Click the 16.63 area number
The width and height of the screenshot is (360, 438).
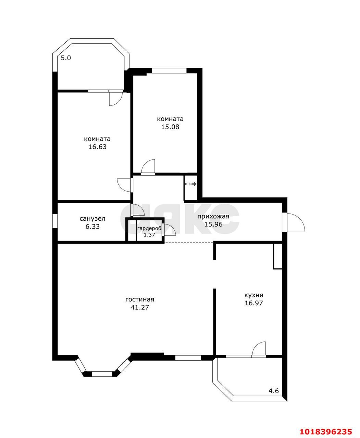(x=97, y=147)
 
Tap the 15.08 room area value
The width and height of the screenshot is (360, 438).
(x=170, y=127)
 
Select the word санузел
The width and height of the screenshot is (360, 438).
(x=92, y=219)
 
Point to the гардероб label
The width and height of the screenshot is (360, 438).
(x=149, y=229)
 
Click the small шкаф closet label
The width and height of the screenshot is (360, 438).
(x=190, y=184)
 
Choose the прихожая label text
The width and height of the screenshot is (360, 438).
(x=213, y=217)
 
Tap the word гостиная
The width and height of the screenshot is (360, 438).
(x=140, y=299)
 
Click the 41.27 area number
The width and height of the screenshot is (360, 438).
(x=140, y=307)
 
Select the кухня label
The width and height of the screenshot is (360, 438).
(x=253, y=295)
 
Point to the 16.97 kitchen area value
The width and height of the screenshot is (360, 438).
(x=253, y=303)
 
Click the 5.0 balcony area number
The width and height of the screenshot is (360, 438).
(x=66, y=58)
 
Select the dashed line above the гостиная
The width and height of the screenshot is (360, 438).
(x=189, y=243)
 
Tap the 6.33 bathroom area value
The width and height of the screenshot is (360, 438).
(x=92, y=227)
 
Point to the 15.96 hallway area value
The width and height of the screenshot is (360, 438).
(x=213, y=224)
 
